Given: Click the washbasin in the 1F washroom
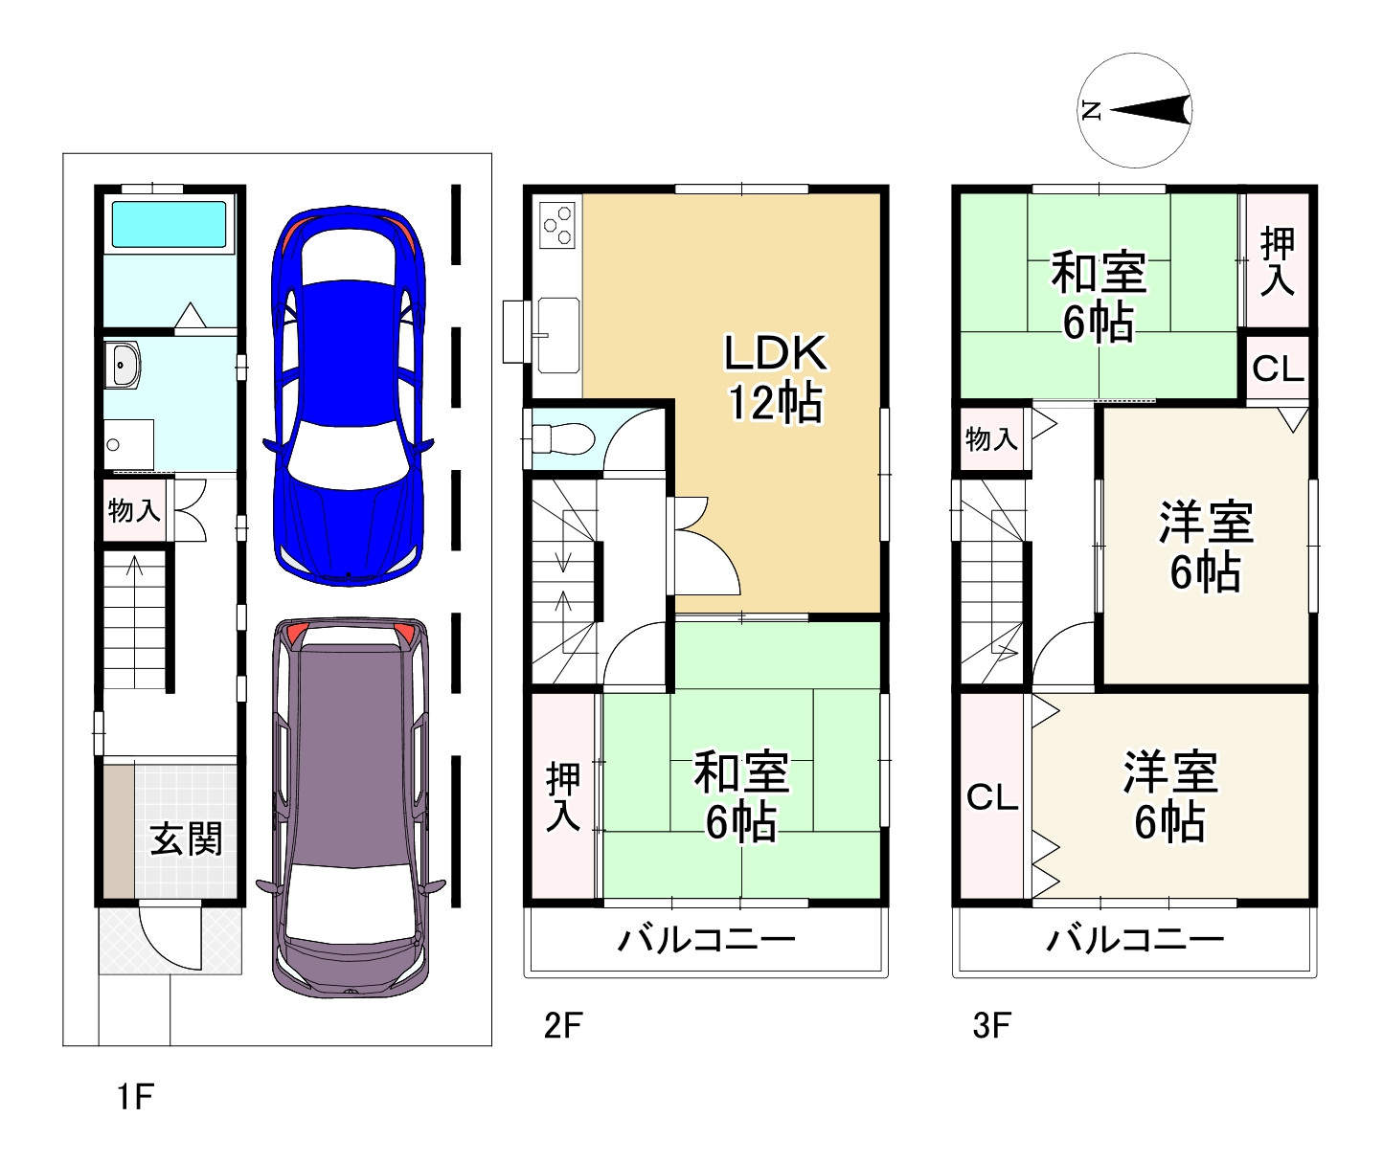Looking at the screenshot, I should tap(125, 366).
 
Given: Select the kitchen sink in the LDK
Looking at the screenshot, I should tap(557, 334).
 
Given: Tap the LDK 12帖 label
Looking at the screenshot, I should tap(774, 378).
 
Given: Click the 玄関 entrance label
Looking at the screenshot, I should tap(187, 839).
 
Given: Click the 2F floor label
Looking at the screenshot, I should tap(562, 1026).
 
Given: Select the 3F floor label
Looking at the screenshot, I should tap(991, 1026).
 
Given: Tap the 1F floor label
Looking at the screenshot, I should tap(135, 1097).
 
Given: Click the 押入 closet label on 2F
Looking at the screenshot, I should tap(563, 797).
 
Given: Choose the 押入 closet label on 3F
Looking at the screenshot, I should tap(1278, 260).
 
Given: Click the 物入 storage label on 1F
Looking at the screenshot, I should tap(134, 510).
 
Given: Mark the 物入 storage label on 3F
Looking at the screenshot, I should tap(991, 439).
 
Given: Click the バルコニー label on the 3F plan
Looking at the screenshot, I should tap(1135, 939).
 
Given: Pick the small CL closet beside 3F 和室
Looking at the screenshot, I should tap(1279, 368).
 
